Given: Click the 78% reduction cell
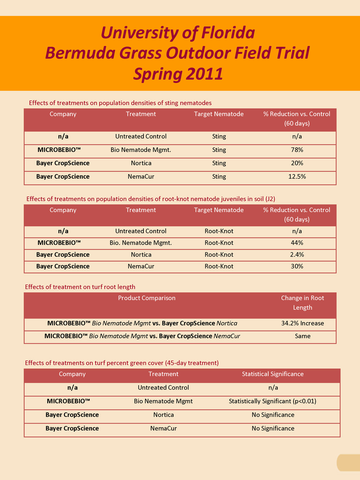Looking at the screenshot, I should click(297, 150).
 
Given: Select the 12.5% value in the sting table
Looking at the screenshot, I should click(297, 177).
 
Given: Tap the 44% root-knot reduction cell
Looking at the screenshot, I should click(297, 243).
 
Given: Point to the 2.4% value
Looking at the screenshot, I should click(297, 255).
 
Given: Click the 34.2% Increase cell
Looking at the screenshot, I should click(302, 323).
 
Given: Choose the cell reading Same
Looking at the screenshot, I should click(302, 336).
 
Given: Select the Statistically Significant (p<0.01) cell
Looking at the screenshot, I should click(272, 401).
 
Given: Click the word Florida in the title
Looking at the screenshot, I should click(228, 33).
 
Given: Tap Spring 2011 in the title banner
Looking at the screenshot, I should click(178, 74).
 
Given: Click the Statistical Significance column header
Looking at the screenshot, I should click(272, 374).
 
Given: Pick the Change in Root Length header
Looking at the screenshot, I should click(302, 303).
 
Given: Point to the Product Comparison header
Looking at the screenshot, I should click(147, 298).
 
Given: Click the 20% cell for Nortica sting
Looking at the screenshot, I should click(297, 163).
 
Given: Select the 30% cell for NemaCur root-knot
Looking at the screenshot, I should click(297, 267).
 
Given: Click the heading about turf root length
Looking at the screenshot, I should click(80, 287).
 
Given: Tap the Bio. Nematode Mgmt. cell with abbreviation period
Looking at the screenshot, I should click(141, 243).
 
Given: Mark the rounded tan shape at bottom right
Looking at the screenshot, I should click(348, 462).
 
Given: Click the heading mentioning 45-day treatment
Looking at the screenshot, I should click(122, 363).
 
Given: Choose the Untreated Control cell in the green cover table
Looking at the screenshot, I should click(163, 388).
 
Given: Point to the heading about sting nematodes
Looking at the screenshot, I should click(120, 103).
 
